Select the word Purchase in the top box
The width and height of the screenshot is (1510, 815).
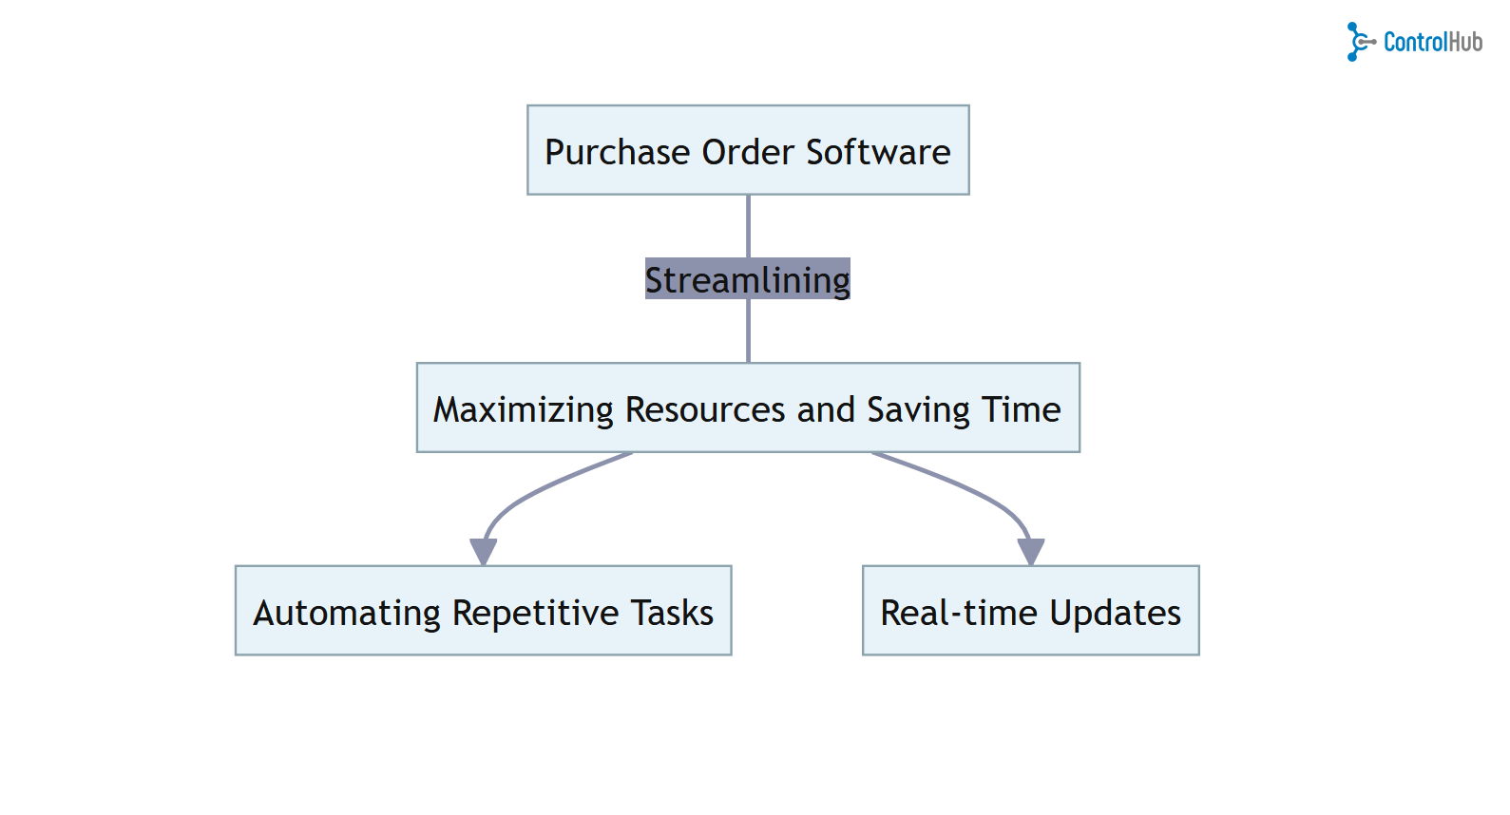(x=617, y=152)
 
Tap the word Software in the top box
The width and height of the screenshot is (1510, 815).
(x=878, y=152)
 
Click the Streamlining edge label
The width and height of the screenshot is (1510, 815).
(x=748, y=279)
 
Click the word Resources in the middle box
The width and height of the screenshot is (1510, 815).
(x=705, y=410)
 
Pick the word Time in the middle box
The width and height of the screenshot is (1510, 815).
(x=1022, y=410)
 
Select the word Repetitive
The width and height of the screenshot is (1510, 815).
(x=536, y=614)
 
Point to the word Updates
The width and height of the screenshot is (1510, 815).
(x=1116, y=614)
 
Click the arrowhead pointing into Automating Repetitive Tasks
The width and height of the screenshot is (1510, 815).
(x=483, y=551)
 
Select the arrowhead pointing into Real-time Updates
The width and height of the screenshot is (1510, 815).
(x=1031, y=551)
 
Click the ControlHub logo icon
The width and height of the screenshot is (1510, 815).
(x=1359, y=42)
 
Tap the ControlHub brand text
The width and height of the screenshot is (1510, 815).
(x=1432, y=42)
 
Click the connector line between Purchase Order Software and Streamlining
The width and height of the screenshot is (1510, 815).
(x=748, y=226)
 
